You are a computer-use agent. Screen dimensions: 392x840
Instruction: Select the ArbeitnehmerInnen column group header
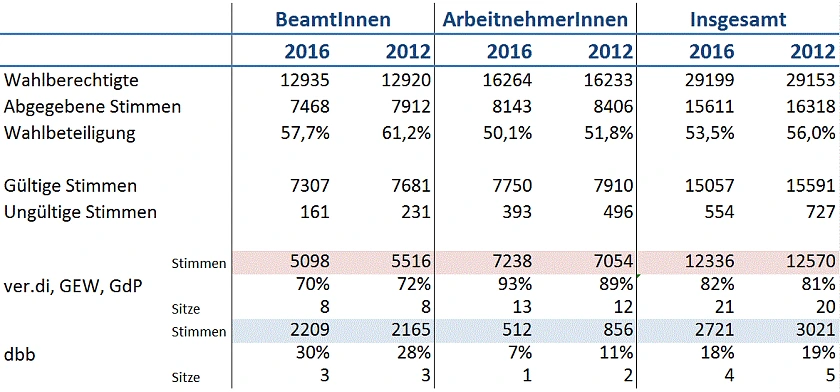click(x=536, y=18)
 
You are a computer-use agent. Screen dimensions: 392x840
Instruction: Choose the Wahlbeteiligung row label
click(x=69, y=132)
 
